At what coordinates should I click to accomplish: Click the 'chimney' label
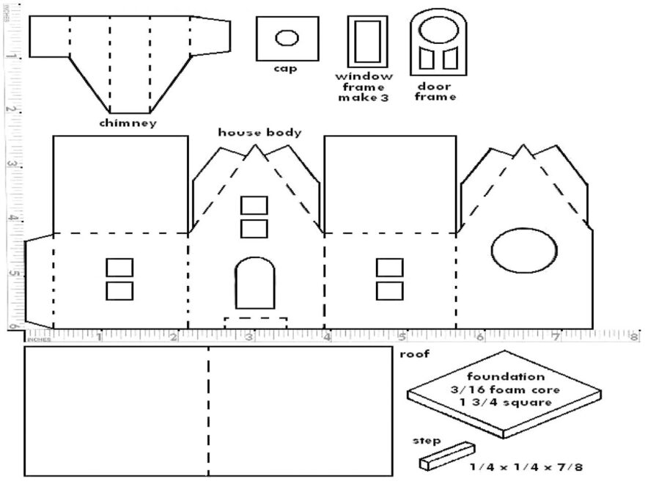click(x=128, y=123)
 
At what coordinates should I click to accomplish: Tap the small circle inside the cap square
click(x=287, y=37)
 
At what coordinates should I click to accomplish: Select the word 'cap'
click(x=286, y=69)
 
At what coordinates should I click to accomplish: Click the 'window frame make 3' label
click(x=364, y=87)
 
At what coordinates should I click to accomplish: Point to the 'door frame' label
click(x=435, y=91)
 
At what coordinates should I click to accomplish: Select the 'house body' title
click(x=259, y=133)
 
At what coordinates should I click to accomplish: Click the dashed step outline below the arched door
click(x=255, y=323)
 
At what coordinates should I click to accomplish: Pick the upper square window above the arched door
click(x=255, y=205)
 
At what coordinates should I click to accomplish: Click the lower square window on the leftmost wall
click(x=119, y=290)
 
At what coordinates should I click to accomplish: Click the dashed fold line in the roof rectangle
click(x=209, y=411)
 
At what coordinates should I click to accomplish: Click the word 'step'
click(x=427, y=441)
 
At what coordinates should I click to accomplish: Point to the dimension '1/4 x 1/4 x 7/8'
click(x=525, y=466)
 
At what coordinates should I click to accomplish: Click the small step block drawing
click(x=446, y=455)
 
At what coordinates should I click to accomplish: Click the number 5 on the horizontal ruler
click(x=402, y=338)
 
